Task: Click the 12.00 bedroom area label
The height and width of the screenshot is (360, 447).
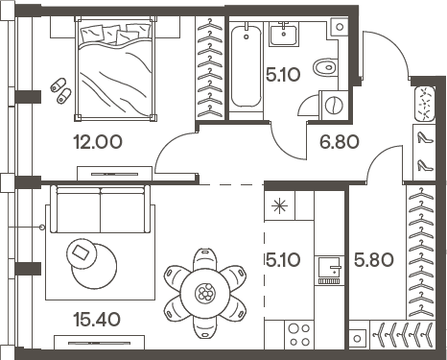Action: (98, 142)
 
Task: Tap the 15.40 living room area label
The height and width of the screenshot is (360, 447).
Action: (97, 319)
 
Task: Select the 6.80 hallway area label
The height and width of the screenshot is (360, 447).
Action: (340, 142)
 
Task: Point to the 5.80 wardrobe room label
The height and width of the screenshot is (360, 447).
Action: (374, 259)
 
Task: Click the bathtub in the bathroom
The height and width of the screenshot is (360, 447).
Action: (247, 66)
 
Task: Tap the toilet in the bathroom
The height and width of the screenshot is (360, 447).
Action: (325, 68)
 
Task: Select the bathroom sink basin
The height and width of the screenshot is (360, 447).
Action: (283, 35)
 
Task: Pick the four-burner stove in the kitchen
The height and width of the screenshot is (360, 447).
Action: (299, 335)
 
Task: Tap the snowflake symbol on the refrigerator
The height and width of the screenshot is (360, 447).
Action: (279, 205)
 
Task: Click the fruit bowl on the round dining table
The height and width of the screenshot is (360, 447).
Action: (205, 293)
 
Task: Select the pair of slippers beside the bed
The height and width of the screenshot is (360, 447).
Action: (60, 90)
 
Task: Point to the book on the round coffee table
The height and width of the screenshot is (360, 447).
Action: (81, 252)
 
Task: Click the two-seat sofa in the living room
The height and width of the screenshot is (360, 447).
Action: (100, 209)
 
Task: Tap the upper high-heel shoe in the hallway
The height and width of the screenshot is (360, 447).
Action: (425, 137)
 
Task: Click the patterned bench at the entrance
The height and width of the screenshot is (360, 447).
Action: (425, 104)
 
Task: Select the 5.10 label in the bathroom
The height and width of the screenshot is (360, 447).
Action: (283, 75)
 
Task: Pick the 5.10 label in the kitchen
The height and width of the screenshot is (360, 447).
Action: (283, 259)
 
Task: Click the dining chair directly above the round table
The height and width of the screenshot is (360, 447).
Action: (205, 259)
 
